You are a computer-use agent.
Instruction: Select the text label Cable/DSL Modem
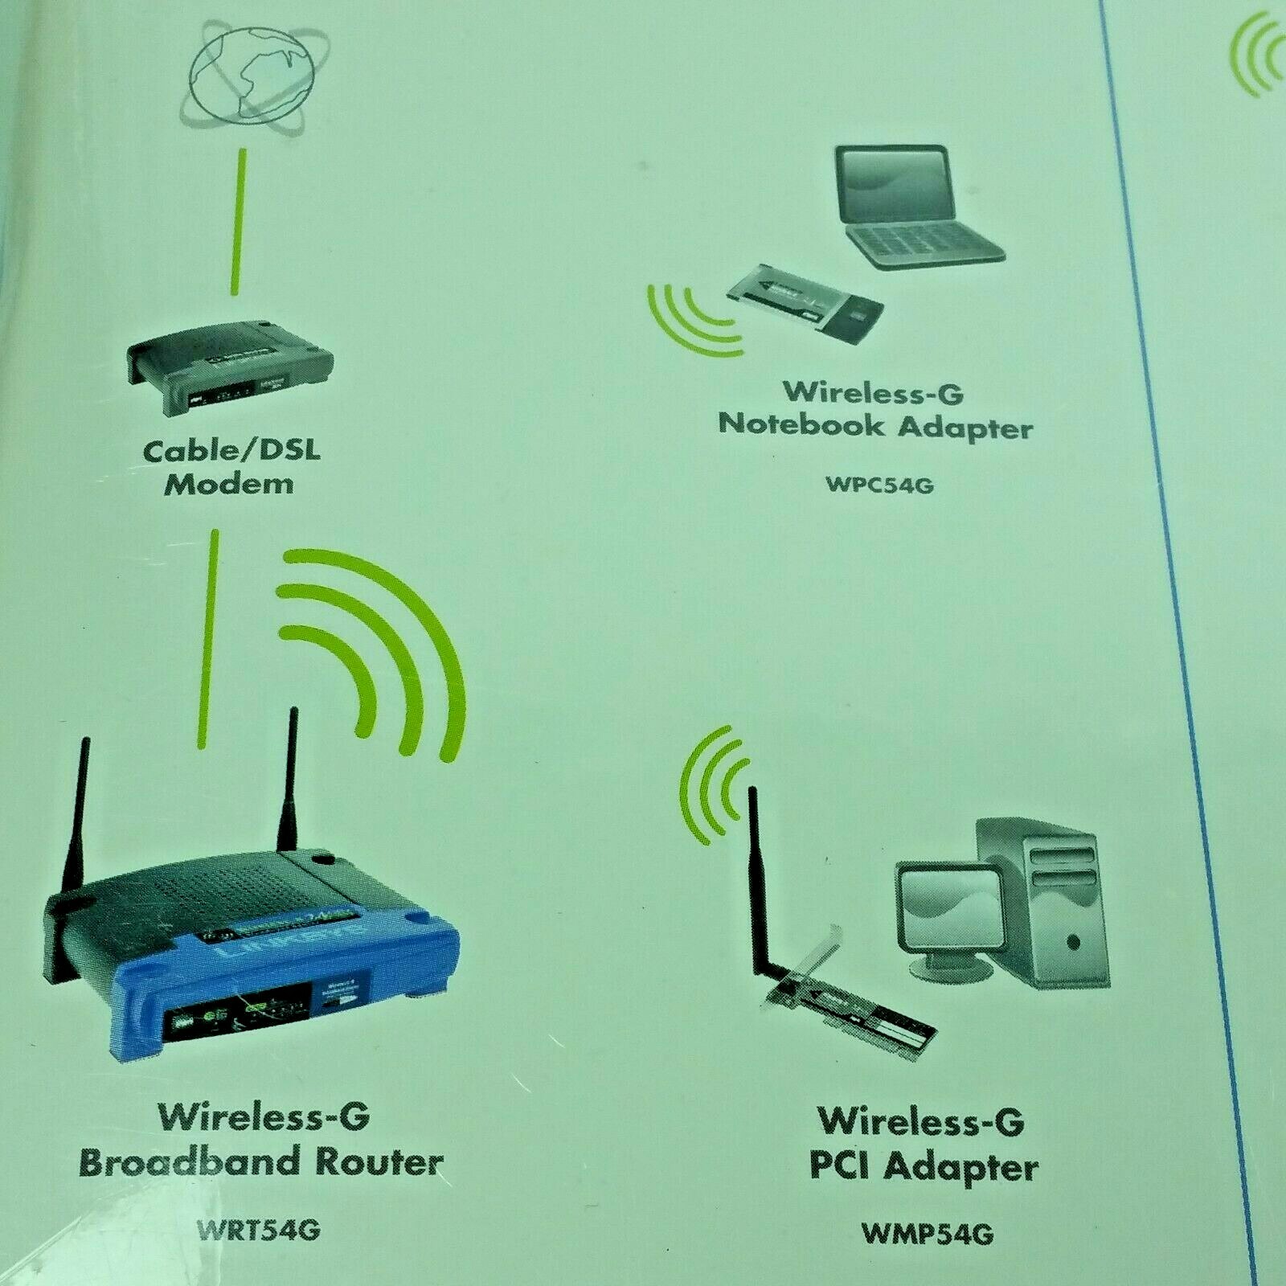point(231,467)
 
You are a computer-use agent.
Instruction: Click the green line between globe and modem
point(238,221)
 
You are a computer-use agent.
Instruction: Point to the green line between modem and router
point(207,639)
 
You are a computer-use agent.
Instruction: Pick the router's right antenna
point(289,780)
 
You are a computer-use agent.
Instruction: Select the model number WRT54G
point(259,1230)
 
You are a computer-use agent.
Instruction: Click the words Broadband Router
point(261,1163)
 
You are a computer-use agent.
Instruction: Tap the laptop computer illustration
point(916,205)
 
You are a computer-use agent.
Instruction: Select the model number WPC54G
point(879,485)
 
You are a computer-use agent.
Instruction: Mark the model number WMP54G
point(927,1233)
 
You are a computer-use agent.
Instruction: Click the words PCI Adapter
point(924,1167)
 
